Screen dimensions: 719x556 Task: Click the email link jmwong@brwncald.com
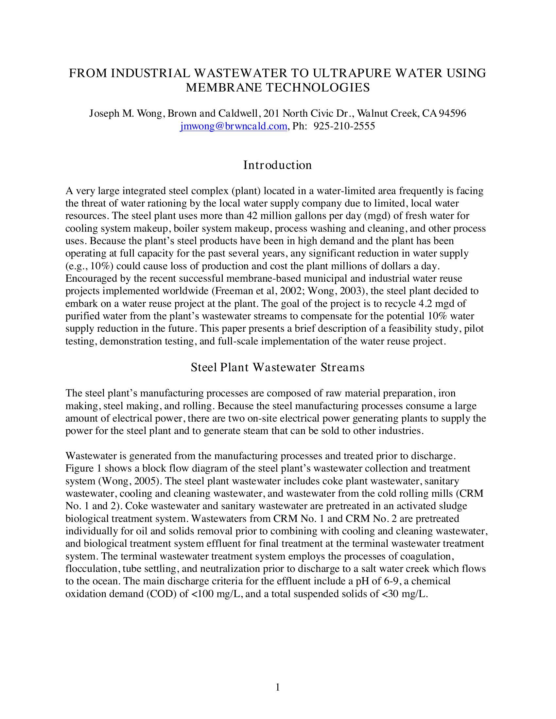(234, 126)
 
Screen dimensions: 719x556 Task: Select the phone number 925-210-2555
(344, 126)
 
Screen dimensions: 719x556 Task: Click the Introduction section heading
(277, 165)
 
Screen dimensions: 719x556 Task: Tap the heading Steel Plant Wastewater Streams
(278, 367)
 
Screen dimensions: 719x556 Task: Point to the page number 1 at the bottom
(278, 687)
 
